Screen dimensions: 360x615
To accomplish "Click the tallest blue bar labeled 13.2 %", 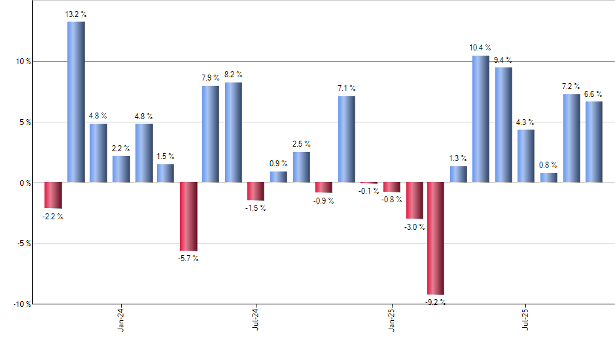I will coord(76,101).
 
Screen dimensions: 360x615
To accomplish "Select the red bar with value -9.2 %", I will coord(436,238).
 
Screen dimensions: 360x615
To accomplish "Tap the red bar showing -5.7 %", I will coord(188,216).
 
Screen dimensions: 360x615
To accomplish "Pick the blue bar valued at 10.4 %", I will coord(481,118).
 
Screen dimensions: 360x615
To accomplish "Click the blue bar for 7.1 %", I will coord(347,139).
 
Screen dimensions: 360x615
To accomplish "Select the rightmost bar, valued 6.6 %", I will coord(594,141).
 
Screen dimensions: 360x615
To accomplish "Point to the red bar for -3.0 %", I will coord(413,200).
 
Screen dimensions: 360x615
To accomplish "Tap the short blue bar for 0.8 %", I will coord(549,177).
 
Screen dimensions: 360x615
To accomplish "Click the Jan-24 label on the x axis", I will coord(121,319).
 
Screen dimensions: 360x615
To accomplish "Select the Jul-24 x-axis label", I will coord(256,319).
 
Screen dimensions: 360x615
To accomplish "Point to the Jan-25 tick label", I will coord(391,319).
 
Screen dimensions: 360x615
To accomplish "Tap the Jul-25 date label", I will coord(527,319).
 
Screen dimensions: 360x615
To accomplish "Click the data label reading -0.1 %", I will coord(369,191).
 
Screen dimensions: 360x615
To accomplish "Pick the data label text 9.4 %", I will coord(503,60).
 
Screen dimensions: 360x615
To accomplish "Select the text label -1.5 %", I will coord(256,208).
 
